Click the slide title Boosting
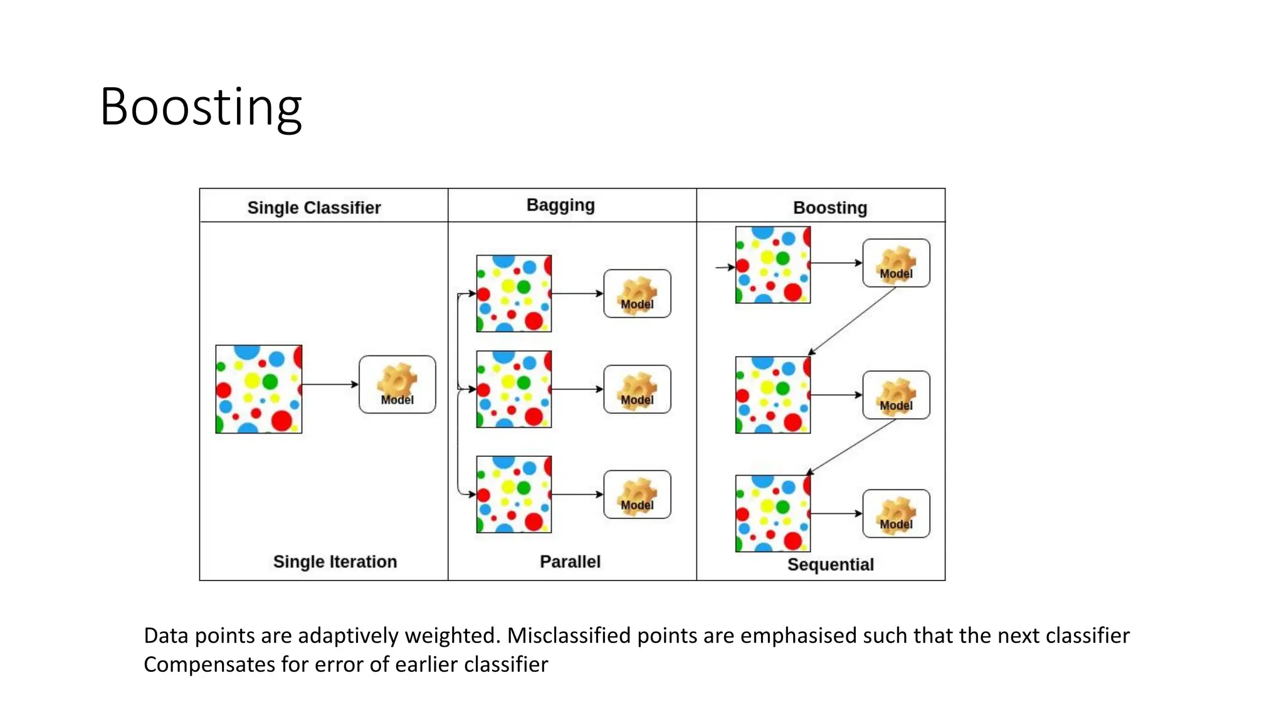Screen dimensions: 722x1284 click(x=201, y=107)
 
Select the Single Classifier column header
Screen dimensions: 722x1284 click(x=313, y=207)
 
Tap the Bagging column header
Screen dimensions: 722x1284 click(x=560, y=205)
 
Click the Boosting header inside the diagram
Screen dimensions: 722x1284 click(x=829, y=207)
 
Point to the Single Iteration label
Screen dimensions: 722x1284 click(x=335, y=561)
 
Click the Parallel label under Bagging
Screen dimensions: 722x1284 click(x=570, y=561)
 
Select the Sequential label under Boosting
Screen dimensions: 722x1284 click(x=830, y=564)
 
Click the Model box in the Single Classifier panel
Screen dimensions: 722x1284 click(x=397, y=384)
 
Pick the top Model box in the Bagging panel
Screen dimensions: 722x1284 click(x=637, y=293)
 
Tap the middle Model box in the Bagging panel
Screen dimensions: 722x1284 click(x=637, y=389)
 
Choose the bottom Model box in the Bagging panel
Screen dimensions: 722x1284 click(x=637, y=494)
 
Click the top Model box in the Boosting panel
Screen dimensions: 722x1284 click(x=896, y=263)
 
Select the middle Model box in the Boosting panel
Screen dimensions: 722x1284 click(x=896, y=395)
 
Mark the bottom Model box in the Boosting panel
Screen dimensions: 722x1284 click(x=896, y=513)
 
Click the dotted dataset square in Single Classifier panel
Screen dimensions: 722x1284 click(x=259, y=389)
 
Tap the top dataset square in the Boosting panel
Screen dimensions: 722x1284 click(x=773, y=265)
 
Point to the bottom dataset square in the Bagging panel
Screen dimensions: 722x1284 click(x=514, y=494)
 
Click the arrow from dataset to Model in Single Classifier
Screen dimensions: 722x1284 click(x=330, y=384)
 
